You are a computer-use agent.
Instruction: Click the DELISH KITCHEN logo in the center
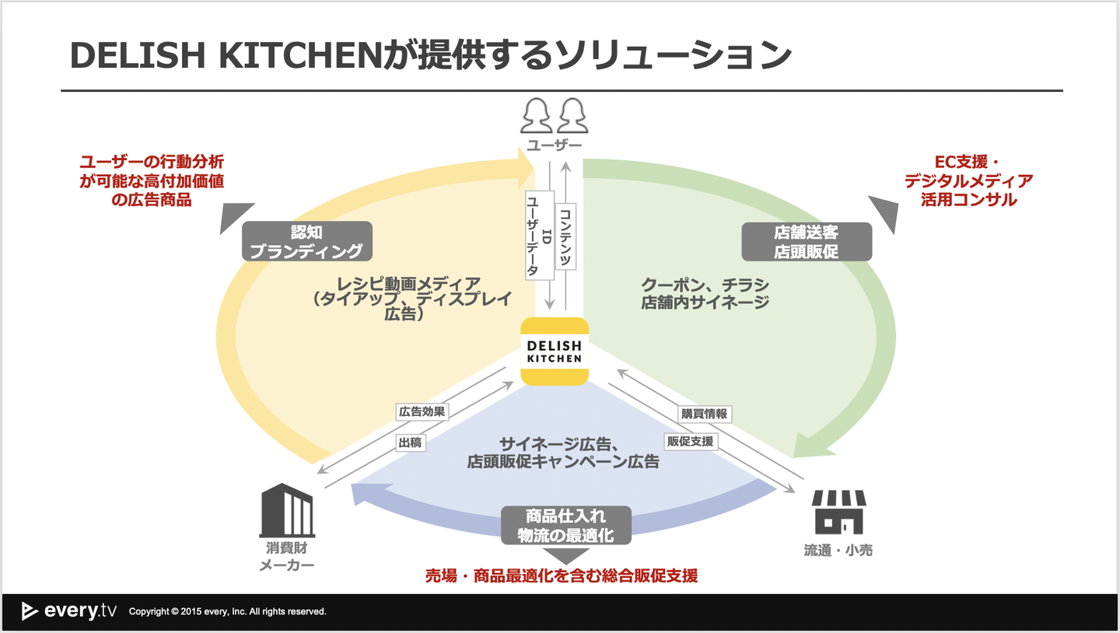[554, 351]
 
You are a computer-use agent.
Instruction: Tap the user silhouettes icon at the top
[553, 115]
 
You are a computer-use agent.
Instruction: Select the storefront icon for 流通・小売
[838, 512]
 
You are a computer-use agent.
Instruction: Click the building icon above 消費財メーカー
[288, 509]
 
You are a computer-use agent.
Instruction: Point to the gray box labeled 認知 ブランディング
[306, 241]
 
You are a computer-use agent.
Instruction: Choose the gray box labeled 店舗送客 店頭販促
[806, 242]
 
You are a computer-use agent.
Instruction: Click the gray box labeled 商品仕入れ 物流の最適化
[565, 526]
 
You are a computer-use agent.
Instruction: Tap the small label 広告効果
[422, 412]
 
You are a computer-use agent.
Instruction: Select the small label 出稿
[410, 442]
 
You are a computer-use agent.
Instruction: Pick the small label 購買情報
[704, 414]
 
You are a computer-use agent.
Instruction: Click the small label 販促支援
[690, 441]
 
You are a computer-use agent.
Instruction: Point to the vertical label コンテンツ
[565, 236]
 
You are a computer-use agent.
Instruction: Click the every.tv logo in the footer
[69, 611]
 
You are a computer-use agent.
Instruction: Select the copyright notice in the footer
[227, 612]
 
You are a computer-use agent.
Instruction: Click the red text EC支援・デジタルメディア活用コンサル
[968, 180]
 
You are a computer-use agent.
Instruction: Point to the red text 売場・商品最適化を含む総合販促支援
[561, 576]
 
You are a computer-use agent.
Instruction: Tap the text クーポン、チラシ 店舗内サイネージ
[705, 293]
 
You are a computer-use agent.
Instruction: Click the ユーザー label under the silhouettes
[554, 145]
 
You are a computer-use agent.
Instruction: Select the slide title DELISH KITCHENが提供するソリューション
[431, 55]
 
